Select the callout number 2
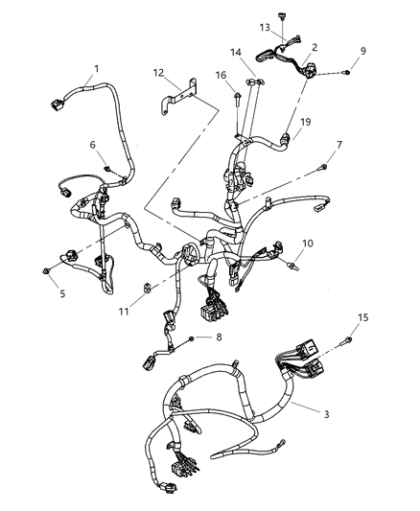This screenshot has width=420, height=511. pyautogui.click(x=314, y=46)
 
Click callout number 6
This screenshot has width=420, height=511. pyautogui.click(x=93, y=145)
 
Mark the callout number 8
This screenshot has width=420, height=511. pyautogui.click(x=219, y=337)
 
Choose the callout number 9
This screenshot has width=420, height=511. pyautogui.click(x=363, y=50)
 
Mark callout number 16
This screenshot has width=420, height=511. pyautogui.click(x=220, y=73)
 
